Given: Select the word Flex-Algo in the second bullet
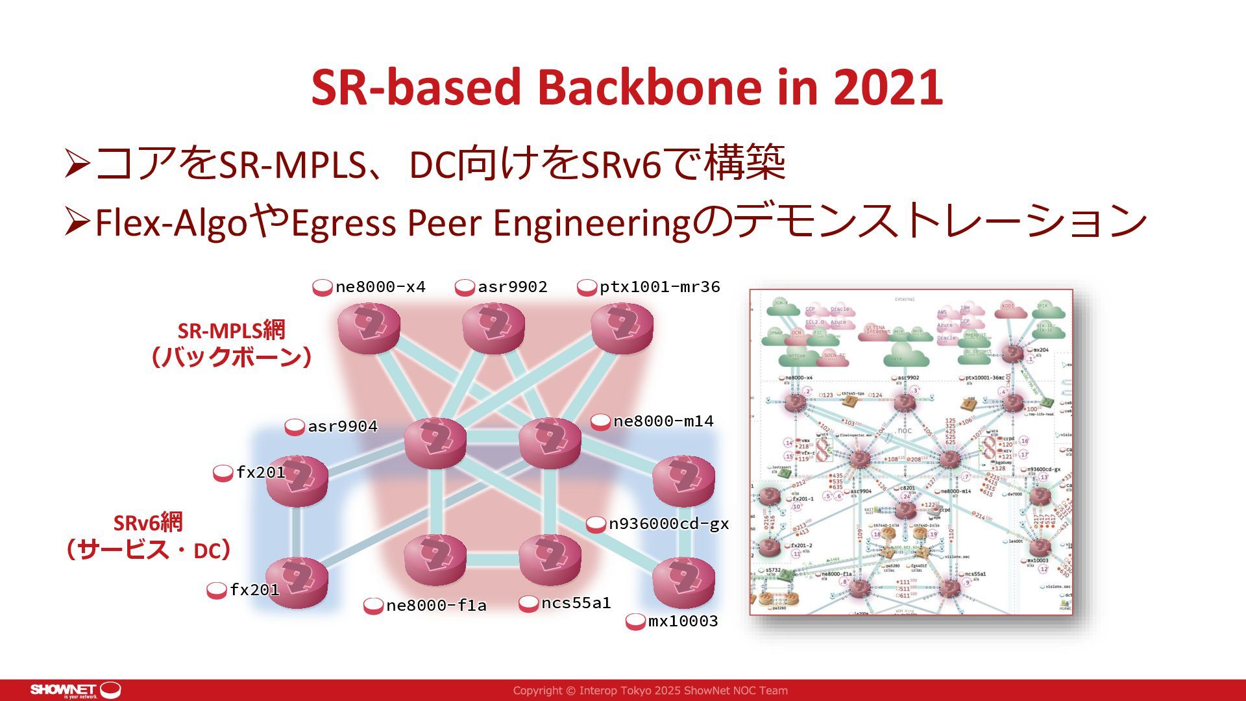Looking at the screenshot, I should click(171, 223).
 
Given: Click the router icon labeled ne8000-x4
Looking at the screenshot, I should click(369, 328).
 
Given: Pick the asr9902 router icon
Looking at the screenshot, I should click(493, 328).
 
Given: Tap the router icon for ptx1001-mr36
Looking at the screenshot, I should click(622, 328).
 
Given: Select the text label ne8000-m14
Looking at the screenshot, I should click(663, 421).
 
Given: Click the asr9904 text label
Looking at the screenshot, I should click(342, 426).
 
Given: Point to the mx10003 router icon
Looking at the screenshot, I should click(683, 582).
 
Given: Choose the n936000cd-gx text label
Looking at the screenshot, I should click(668, 524).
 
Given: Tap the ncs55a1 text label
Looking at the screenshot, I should click(576, 603).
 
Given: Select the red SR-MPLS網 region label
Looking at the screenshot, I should click(231, 330).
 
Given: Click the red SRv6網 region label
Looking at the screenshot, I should click(148, 523).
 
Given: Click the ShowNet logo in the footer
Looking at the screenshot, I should click(75, 690).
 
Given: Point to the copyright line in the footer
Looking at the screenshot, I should click(650, 691).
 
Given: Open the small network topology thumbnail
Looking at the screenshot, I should click(910, 452).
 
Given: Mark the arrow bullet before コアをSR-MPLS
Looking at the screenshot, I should click(77, 164).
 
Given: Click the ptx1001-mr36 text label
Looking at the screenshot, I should click(659, 287).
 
